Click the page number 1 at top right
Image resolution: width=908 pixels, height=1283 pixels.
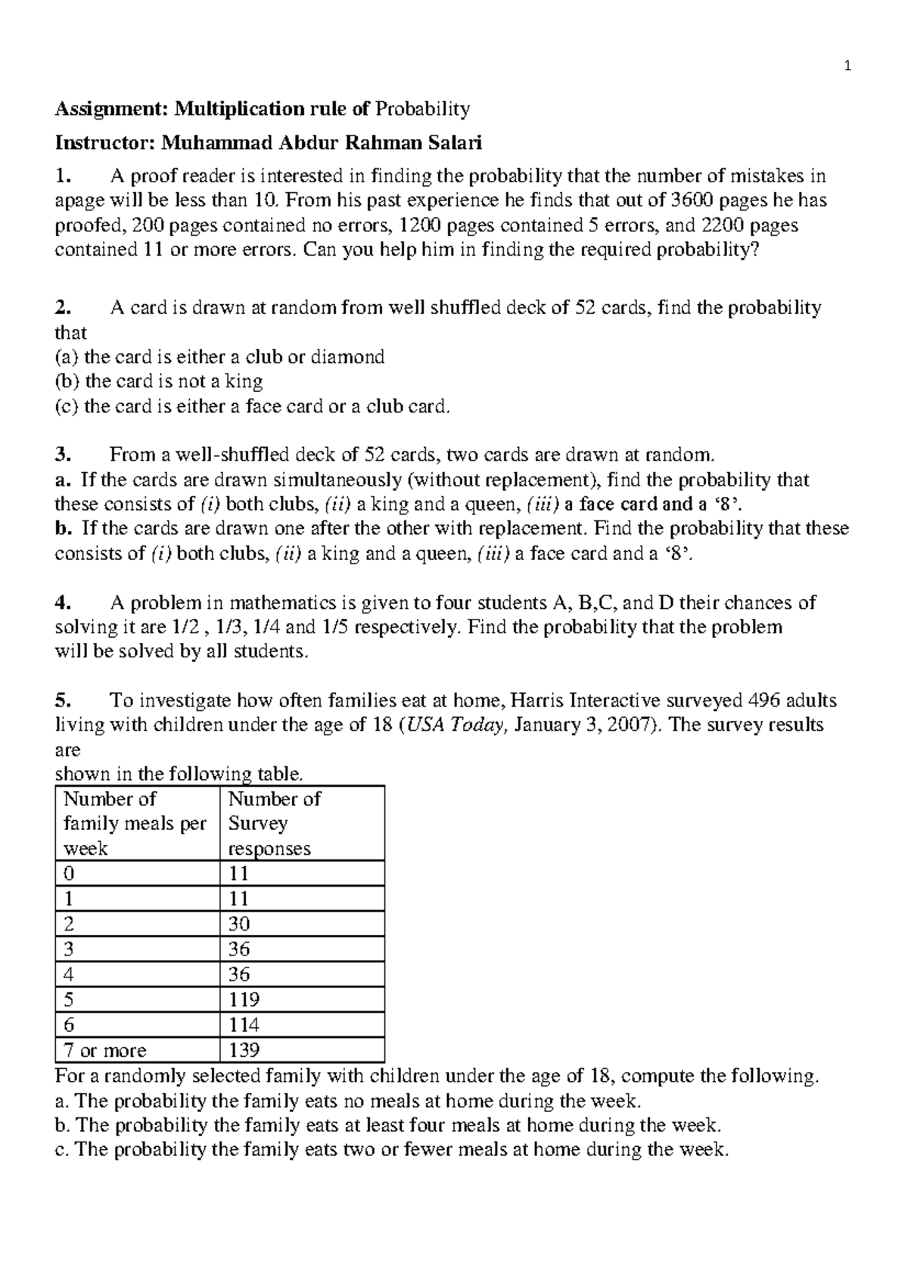click(x=848, y=67)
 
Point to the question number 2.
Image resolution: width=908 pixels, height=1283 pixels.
click(x=63, y=308)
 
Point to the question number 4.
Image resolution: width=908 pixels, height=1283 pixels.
click(x=63, y=603)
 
